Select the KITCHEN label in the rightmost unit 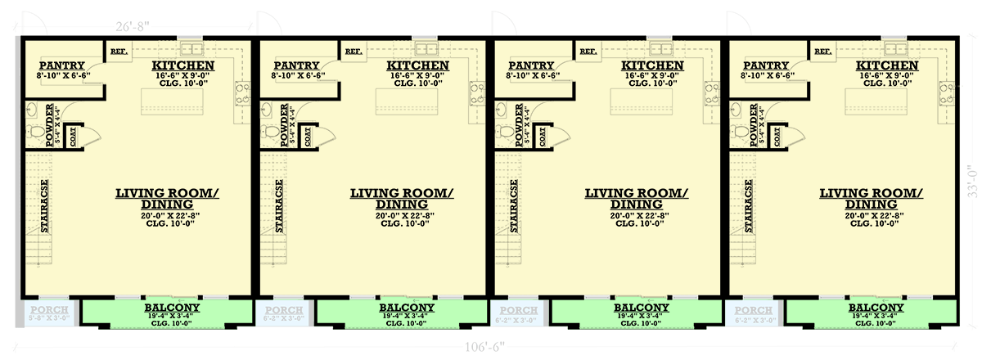click(887, 65)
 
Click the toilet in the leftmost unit click(35, 133)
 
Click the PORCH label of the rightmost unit click(753, 311)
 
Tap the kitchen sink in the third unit click(660, 47)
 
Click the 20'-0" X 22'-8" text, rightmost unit click(871, 216)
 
